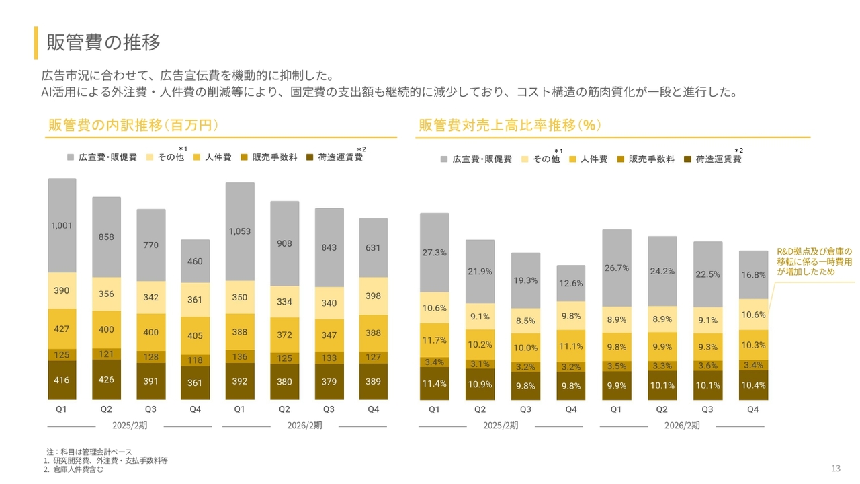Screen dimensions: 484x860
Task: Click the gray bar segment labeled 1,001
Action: tap(62, 226)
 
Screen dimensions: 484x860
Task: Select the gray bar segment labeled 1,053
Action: tap(240, 231)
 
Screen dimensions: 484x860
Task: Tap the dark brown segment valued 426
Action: tap(106, 380)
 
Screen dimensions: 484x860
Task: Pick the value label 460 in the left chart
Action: tap(195, 261)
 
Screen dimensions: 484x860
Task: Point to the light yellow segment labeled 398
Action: tap(373, 296)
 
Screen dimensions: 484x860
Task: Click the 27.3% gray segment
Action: tap(434, 253)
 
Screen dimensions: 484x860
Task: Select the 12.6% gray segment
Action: tap(571, 283)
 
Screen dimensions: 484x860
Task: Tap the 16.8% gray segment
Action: tap(753, 275)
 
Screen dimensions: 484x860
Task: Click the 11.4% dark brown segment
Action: tap(434, 384)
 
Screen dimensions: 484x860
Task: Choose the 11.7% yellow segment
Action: tap(434, 341)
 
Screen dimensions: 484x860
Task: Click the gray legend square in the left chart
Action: tap(71, 157)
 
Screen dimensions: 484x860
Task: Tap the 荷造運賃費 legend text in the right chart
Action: tap(718, 159)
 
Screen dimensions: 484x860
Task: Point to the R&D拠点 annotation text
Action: tap(814, 261)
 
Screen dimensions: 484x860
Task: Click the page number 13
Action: tap(836, 469)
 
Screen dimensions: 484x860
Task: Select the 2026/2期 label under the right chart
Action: tap(681, 426)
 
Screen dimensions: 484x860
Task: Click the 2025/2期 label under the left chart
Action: tap(130, 426)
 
